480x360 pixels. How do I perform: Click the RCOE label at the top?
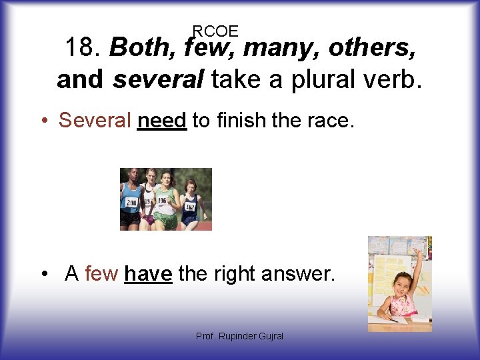[215, 31]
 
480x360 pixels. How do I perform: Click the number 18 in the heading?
[81, 48]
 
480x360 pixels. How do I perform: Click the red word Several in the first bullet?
[95, 120]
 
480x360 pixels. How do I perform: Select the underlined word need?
[161, 120]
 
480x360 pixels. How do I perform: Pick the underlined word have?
[148, 273]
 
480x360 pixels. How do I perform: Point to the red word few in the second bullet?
[101, 273]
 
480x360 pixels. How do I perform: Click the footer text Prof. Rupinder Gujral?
[239, 336]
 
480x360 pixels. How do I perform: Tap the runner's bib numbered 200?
[130, 201]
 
